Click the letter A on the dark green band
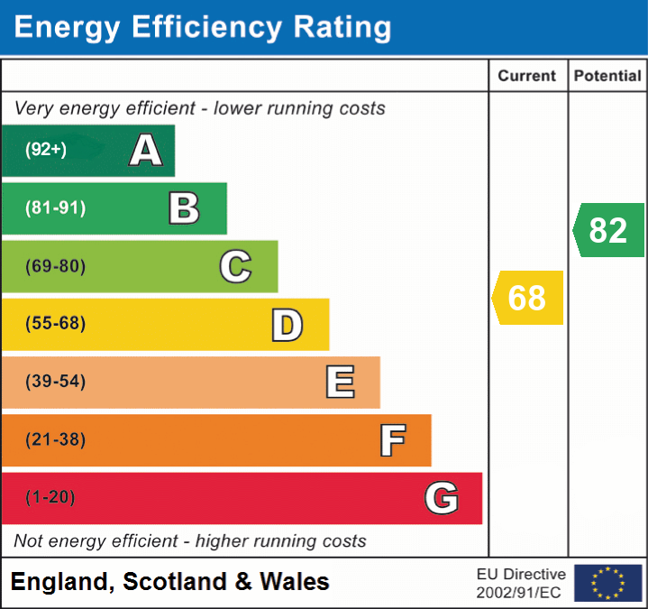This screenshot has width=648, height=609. pyautogui.click(x=146, y=151)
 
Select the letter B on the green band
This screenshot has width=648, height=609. pyautogui.click(x=184, y=208)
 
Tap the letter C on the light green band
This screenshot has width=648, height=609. pyautogui.click(x=235, y=266)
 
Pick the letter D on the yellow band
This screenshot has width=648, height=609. pyautogui.click(x=287, y=325)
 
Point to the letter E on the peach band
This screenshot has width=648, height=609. pyautogui.click(x=340, y=383)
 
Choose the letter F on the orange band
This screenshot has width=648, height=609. pyautogui.click(x=392, y=440)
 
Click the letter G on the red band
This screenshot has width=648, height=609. pyautogui.click(x=442, y=498)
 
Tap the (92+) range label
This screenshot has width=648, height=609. pyautogui.click(x=46, y=150)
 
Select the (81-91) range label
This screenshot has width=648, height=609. pyautogui.click(x=56, y=208)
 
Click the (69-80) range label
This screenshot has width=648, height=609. pyautogui.click(x=56, y=266)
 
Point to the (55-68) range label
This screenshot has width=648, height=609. pyautogui.click(x=56, y=324)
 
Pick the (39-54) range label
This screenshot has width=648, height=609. pyautogui.click(x=56, y=382)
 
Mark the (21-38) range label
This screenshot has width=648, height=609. pyautogui.click(x=56, y=440)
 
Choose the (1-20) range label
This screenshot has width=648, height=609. pyautogui.click(x=50, y=497)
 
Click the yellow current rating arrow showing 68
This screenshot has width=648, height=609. pyautogui.click(x=527, y=298)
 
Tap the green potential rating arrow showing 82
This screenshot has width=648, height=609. pyautogui.click(x=608, y=230)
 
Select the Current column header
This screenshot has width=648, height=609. pyautogui.click(x=527, y=77)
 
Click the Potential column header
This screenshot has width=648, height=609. pyautogui.click(x=607, y=77)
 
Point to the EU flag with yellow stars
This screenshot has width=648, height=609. pyautogui.click(x=607, y=583)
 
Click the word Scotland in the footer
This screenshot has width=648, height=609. pyautogui.click(x=176, y=582)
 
